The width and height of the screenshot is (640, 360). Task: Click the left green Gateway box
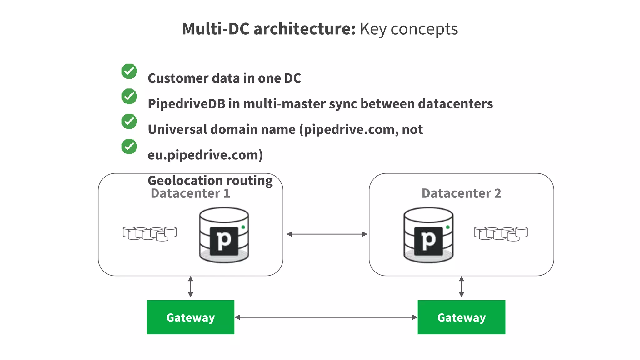190,317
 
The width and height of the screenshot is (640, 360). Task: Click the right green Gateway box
461,317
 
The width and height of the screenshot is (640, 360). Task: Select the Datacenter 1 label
190,193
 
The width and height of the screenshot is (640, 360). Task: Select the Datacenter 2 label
461,193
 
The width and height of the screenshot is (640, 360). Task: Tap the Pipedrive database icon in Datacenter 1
224,235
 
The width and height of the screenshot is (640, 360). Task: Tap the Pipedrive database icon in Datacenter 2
428,235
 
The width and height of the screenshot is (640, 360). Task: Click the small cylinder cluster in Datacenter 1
150,233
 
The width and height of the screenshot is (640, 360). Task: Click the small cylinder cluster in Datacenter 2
501,233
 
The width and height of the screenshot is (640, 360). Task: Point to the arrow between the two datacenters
327,234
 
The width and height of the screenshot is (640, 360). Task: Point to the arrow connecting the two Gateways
326,317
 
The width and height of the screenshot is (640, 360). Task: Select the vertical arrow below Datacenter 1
191,287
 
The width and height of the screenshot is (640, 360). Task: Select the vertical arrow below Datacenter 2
462,287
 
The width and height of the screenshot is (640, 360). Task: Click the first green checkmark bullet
129,71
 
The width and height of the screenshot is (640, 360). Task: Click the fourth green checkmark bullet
129,146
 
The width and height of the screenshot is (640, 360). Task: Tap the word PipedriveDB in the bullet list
186,104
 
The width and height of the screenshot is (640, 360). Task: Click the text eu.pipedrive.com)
205,155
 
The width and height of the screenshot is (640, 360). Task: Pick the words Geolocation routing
210,181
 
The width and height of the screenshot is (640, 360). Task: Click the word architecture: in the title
304,29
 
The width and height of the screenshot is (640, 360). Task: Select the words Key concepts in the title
409,29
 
